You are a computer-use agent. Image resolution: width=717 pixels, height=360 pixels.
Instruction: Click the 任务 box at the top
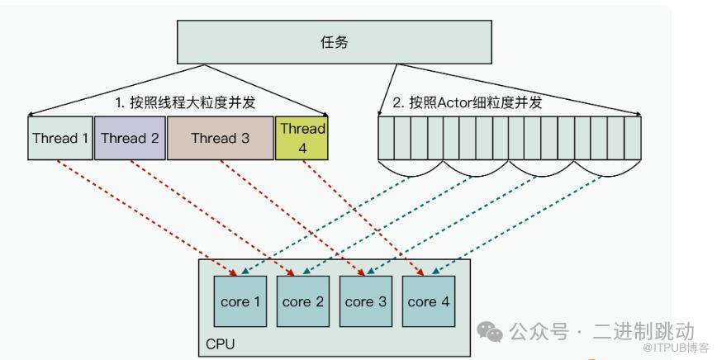[x=334, y=42]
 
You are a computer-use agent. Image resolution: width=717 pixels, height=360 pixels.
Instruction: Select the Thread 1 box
[x=59, y=138]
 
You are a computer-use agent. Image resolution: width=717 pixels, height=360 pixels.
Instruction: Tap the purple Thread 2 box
[x=130, y=138]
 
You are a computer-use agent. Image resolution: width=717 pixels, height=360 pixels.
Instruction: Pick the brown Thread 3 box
[x=220, y=138]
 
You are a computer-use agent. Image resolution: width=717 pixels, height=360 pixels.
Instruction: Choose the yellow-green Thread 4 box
[x=302, y=138]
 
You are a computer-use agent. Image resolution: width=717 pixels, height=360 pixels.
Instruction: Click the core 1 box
[x=240, y=301]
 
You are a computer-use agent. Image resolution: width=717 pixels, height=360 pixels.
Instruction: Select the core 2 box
[x=302, y=301]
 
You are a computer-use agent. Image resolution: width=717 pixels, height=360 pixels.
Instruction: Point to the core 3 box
[x=365, y=301]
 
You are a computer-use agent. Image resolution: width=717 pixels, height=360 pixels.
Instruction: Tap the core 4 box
[x=428, y=301]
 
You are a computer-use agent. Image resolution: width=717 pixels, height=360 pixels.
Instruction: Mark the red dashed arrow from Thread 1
[x=149, y=216]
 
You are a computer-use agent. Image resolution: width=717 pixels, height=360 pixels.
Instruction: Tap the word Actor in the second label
[x=459, y=103]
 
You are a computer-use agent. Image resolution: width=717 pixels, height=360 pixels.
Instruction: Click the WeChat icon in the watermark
[x=492, y=334]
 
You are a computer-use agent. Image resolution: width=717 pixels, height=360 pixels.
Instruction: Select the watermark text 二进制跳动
[x=644, y=332]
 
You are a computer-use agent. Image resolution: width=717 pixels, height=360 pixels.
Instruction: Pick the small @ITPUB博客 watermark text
[x=671, y=349]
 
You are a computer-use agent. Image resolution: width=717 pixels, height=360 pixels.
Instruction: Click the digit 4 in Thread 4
[x=302, y=147]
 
